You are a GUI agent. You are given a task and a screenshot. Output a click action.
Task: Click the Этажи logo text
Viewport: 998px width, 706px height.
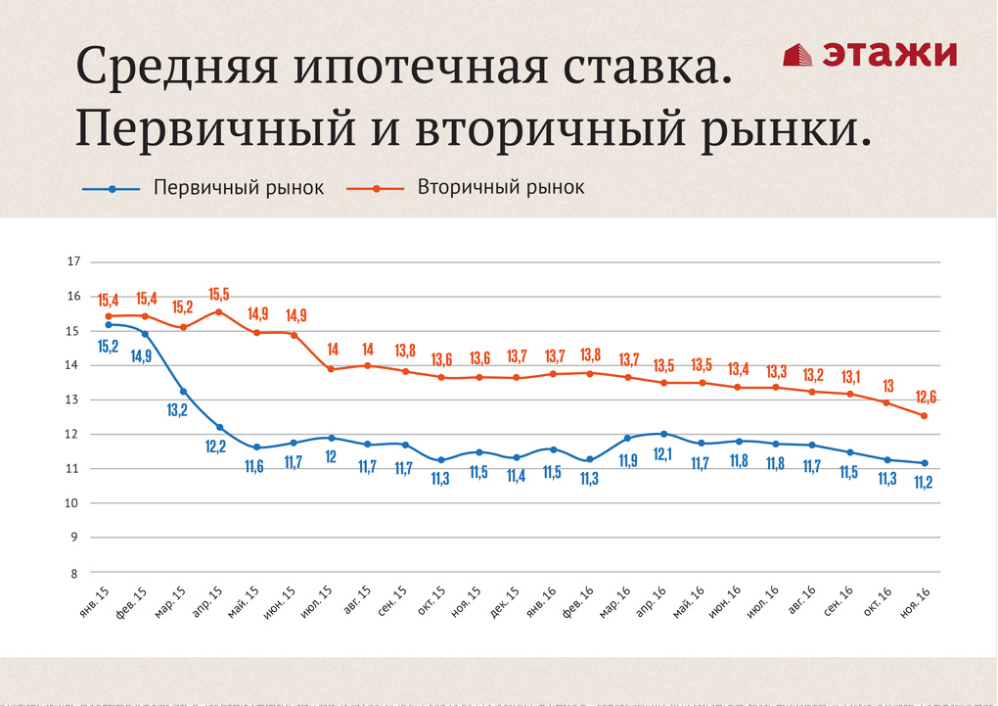pyautogui.click(x=888, y=54)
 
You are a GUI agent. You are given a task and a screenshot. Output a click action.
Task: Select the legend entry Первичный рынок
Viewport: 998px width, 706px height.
pyautogui.click(x=238, y=188)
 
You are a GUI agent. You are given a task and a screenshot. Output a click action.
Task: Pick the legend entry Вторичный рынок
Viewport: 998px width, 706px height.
pyautogui.click(x=501, y=187)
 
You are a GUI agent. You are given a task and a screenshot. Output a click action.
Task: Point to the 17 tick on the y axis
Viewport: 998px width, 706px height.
pyautogui.click(x=72, y=261)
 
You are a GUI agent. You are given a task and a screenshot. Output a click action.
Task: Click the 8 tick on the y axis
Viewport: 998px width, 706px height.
pyautogui.click(x=72, y=572)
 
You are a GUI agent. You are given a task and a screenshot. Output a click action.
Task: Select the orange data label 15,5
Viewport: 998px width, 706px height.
pyautogui.click(x=219, y=294)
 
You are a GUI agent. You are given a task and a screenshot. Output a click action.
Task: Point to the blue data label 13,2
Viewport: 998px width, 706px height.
pyautogui.click(x=177, y=410)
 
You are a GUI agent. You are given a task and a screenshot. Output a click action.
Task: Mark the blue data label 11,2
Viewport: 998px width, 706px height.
pyautogui.click(x=924, y=482)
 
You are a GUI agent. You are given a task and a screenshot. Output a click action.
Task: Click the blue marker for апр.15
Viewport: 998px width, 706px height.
pyautogui.click(x=219, y=427)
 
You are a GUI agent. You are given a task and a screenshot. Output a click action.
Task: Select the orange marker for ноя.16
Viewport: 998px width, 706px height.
pyautogui.click(x=924, y=416)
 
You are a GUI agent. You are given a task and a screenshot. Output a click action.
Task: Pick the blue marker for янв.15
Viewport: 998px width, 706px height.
pyautogui.click(x=108, y=324)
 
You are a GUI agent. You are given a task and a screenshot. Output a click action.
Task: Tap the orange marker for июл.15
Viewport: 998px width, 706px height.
pyautogui.click(x=331, y=369)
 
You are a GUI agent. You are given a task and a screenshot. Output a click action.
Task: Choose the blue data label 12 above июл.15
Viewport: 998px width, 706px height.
pyautogui.click(x=331, y=456)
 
